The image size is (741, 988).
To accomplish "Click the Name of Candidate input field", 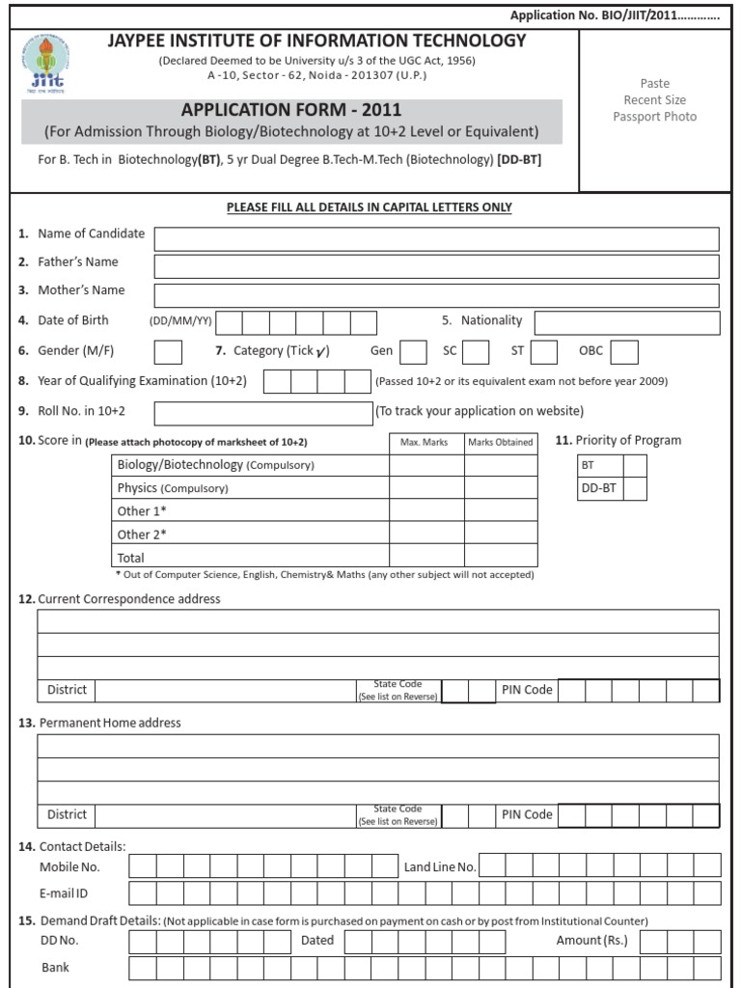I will [x=436, y=238].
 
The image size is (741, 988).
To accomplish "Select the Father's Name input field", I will [x=436, y=266].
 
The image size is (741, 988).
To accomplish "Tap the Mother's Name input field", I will [x=436, y=295].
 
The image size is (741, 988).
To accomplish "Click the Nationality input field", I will [x=626, y=322].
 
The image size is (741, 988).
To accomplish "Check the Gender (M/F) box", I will [x=168, y=353].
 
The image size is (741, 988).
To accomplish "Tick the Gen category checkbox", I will [x=413, y=353].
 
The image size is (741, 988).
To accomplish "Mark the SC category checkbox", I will [x=476, y=353].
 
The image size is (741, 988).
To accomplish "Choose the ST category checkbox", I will [x=544, y=353].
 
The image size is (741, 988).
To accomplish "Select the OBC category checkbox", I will [x=624, y=353].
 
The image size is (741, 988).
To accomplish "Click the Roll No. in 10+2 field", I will [x=262, y=413].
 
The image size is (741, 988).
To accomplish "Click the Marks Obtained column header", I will [x=501, y=442].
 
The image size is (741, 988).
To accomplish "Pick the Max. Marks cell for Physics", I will [x=426, y=488].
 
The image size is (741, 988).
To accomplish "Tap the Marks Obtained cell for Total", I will [x=501, y=558].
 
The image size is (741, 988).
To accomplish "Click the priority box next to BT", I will [x=635, y=465].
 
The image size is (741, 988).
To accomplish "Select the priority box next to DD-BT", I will [x=635, y=489].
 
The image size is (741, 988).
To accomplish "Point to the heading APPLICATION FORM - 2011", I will [x=291, y=110].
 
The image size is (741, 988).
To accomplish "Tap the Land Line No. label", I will [x=440, y=867].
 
